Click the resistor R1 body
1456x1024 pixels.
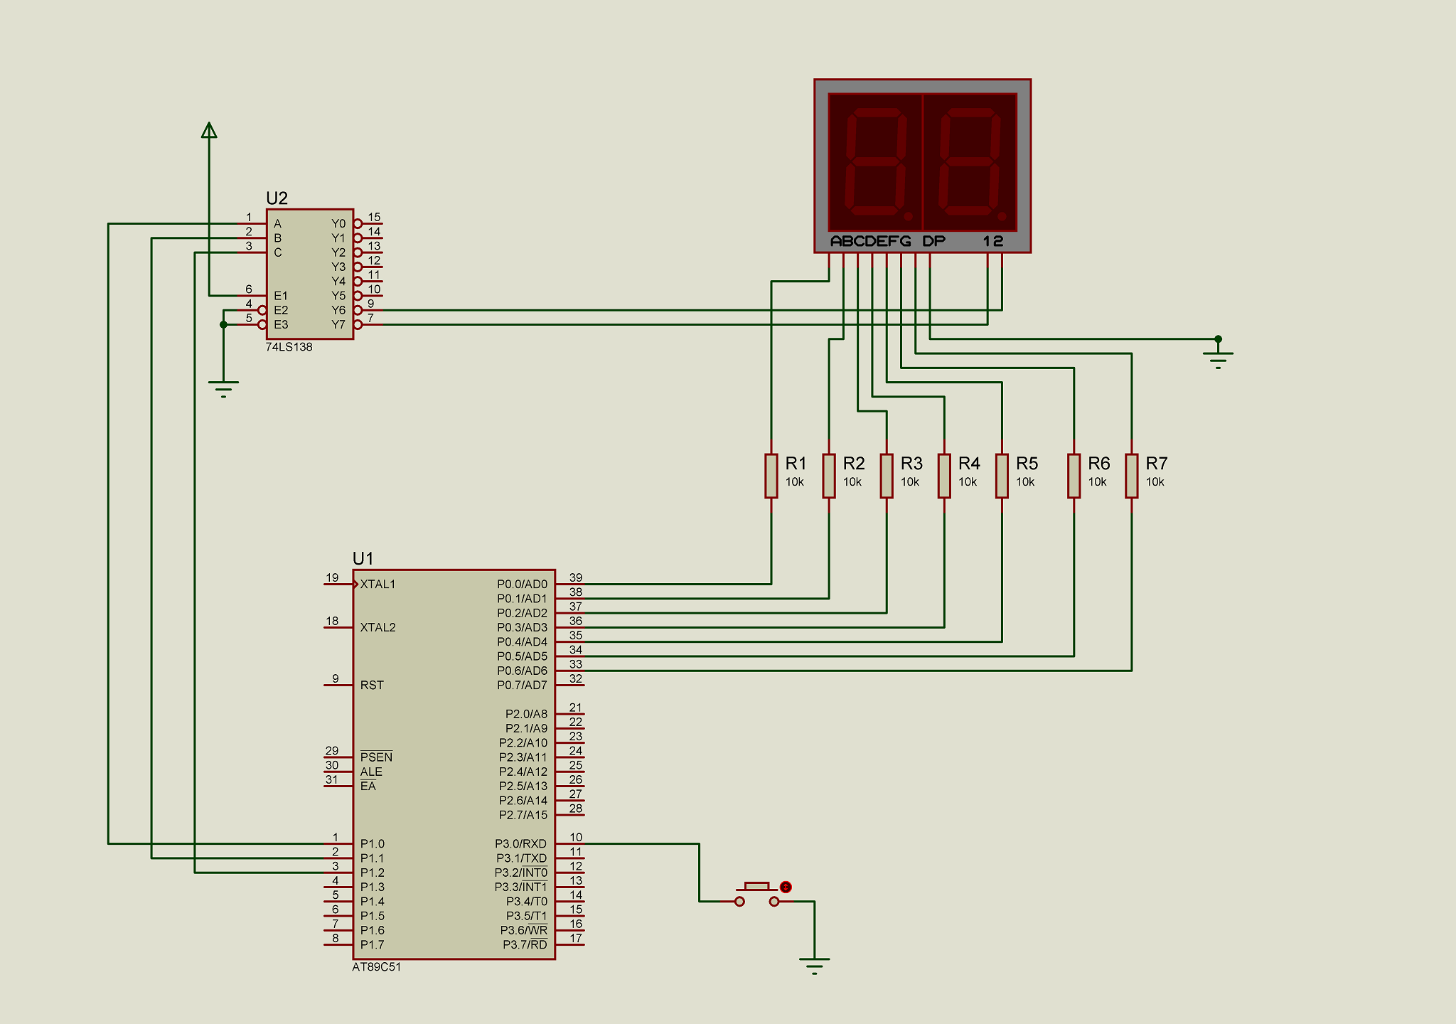pyautogui.click(x=771, y=476)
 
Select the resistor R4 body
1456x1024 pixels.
pyautogui.click(x=944, y=476)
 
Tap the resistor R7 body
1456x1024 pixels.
pyautogui.click(x=1131, y=476)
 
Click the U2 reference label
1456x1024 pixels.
pyautogui.click(x=277, y=198)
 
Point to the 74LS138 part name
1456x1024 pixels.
pyautogui.click(x=289, y=347)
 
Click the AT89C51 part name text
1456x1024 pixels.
pyautogui.click(x=376, y=967)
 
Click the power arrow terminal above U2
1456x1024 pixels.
pyautogui.click(x=209, y=130)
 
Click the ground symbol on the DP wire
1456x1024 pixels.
pyautogui.click(x=1218, y=360)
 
